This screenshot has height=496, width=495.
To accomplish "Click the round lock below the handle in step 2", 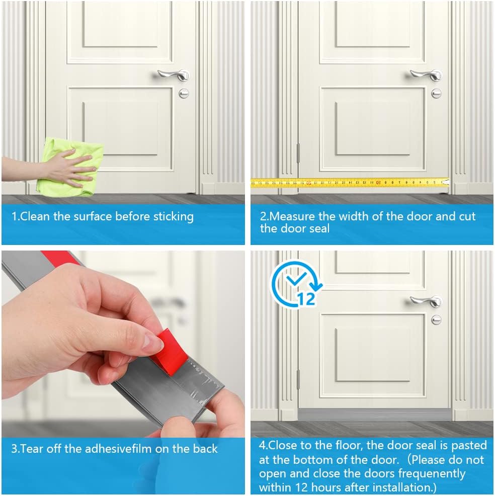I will tap(436, 93).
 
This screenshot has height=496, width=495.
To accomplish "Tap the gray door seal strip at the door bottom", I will tap(375, 414).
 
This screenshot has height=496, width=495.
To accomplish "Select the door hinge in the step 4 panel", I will tap(298, 379).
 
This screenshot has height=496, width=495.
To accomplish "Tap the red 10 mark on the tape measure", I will tap(378, 182).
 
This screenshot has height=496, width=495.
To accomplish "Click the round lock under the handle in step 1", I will tap(184, 93).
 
